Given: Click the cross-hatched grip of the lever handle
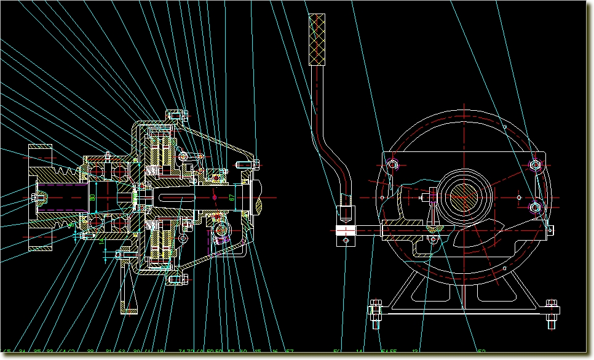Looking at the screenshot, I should click(318, 39).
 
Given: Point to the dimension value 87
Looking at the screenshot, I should click(232, 198).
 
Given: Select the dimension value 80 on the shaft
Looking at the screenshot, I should click(92, 197).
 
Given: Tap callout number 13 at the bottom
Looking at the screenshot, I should click(416, 352).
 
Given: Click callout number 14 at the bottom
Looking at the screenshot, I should click(360, 352).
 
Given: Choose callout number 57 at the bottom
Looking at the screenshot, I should click(289, 352).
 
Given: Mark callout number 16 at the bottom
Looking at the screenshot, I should click(274, 352).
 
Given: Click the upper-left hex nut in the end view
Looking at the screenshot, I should click(394, 164).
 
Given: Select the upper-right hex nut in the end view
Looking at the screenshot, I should click(534, 164).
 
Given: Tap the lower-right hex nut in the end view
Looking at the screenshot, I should click(536, 207).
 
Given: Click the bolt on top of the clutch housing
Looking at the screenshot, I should click(176, 114).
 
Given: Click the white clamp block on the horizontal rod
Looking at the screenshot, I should click(346, 231).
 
